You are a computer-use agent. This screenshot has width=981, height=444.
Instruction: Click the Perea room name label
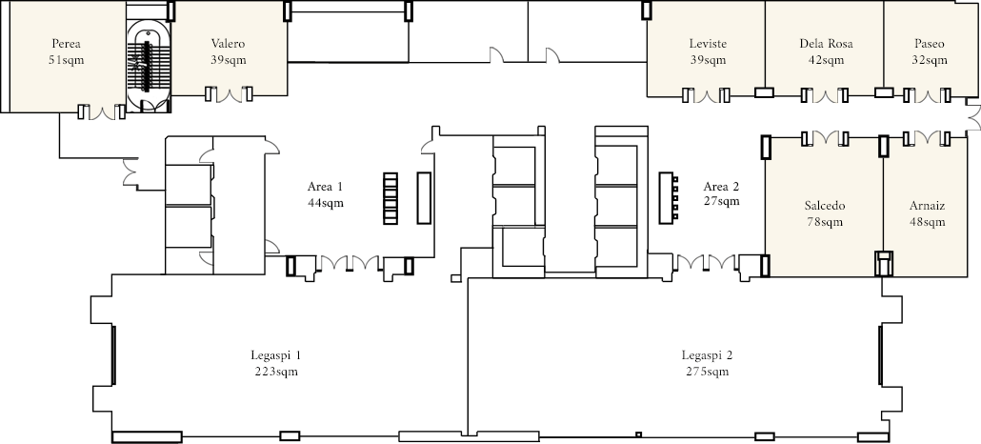click(x=67, y=44)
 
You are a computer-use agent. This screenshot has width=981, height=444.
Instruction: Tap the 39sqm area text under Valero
click(x=228, y=60)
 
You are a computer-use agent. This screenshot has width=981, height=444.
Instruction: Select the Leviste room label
click(x=708, y=44)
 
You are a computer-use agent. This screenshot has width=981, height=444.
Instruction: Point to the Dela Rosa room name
click(x=826, y=44)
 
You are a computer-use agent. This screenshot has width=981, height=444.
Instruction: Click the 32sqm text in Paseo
click(x=929, y=60)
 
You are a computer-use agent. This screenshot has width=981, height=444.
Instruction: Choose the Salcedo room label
click(x=825, y=206)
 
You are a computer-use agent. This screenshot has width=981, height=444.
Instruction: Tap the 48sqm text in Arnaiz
click(x=927, y=222)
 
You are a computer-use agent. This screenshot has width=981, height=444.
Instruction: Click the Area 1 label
click(x=325, y=187)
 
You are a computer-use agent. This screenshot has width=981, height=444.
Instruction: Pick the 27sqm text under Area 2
click(x=721, y=202)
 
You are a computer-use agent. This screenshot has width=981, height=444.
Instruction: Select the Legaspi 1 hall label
click(x=276, y=355)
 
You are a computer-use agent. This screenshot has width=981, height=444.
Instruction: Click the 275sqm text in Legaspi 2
click(x=707, y=372)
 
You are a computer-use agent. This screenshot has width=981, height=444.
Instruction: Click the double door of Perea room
click(x=101, y=112)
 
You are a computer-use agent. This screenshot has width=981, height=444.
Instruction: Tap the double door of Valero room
click(x=230, y=95)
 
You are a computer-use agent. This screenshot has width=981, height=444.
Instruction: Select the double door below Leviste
click(x=706, y=96)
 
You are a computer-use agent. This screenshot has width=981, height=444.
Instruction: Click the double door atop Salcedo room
click(x=825, y=138)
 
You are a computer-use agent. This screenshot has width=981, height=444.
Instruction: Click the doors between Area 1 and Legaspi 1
click(x=350, y=263)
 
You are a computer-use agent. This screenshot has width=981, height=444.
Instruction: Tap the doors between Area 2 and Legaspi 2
click(x=707, y=262)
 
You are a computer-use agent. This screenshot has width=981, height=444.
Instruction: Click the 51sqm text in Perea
click(x=66, y=60)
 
